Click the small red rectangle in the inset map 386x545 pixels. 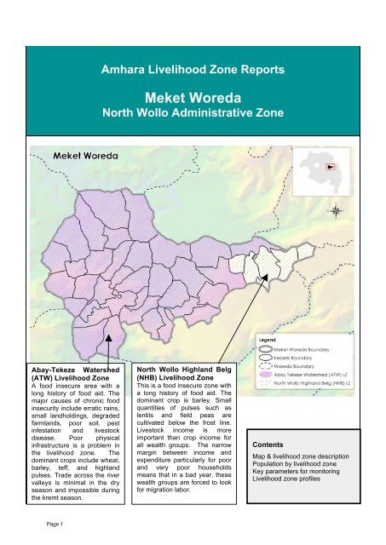(348, 167)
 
